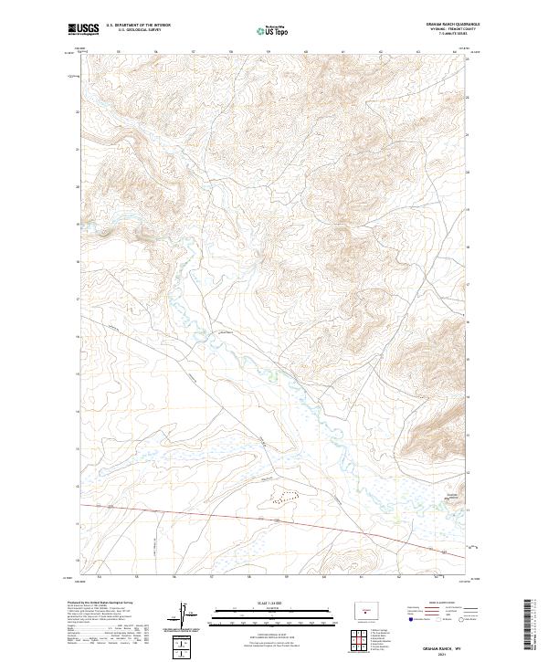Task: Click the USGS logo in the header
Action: point(84,29)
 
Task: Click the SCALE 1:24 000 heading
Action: point(261,604)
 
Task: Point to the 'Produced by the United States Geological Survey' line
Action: point(100,604)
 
